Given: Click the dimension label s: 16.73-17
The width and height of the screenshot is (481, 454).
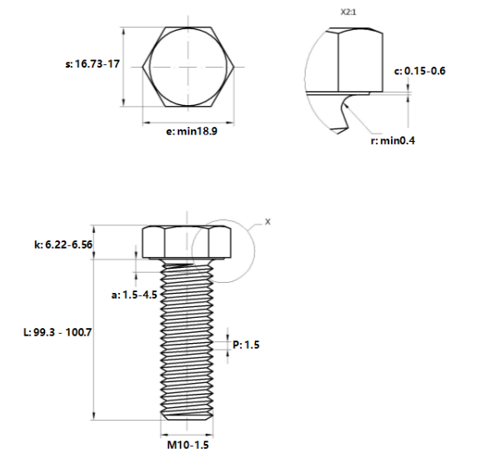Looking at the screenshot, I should pyautogui.click(x=91, y=63).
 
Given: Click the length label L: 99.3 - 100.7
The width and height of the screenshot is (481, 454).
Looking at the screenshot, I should pyautogui.click(x=57, y=331).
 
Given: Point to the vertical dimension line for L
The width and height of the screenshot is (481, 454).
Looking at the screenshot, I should pyautogui.click(x=93, y=334).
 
